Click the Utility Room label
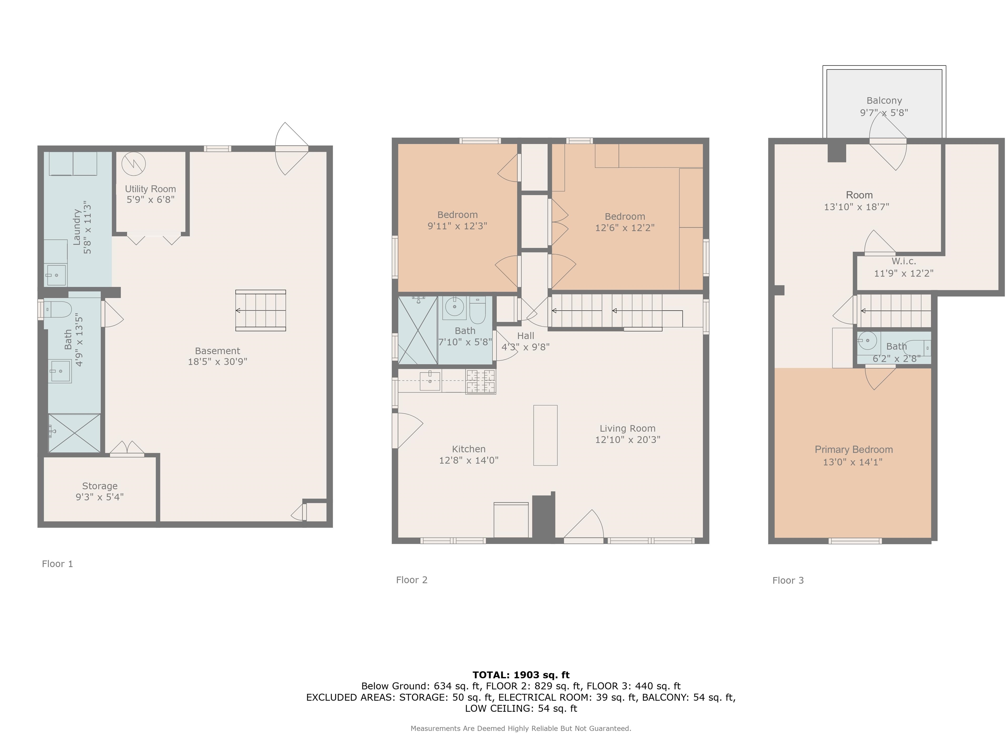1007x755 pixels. [x=150, y=189]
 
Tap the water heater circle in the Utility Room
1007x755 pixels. [x=133, y=164]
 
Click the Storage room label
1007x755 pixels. [x=100, y=486]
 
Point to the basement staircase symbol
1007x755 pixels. [x=260, y=310]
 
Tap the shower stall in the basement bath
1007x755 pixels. [x=74, y=433]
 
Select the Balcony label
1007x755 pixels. [x=884, y=101]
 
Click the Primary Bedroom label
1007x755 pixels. [x=854, y=450]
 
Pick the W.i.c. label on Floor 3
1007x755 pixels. [x=904, y=261]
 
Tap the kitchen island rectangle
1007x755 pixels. [x=545, y=435]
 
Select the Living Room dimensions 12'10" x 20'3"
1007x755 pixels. [x=628, y=440]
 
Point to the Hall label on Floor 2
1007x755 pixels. [x=525, y=336]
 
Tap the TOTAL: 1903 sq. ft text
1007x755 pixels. [x=521, y=675]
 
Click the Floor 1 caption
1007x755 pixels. [x=57, y=564]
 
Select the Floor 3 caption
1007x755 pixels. [x=788, y=580]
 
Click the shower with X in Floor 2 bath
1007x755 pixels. [x=418, y=330]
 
